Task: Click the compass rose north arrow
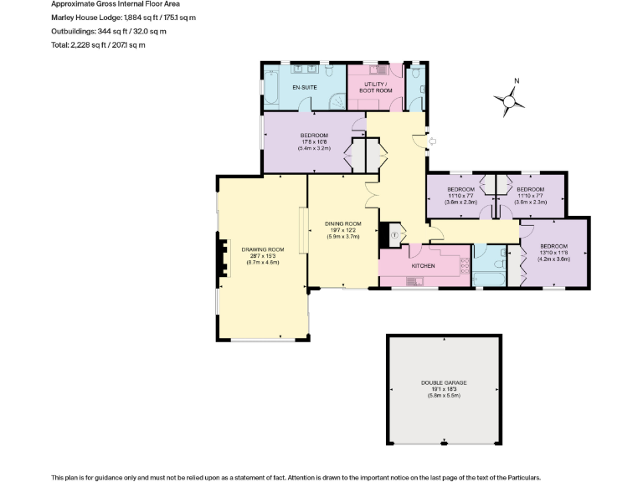509,100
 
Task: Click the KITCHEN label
423,265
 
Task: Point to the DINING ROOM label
342,223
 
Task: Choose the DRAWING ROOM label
263,249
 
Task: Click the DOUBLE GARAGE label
444,382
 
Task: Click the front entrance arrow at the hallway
432,142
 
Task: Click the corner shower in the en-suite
337,100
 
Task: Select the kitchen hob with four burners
462,266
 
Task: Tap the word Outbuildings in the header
71,31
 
